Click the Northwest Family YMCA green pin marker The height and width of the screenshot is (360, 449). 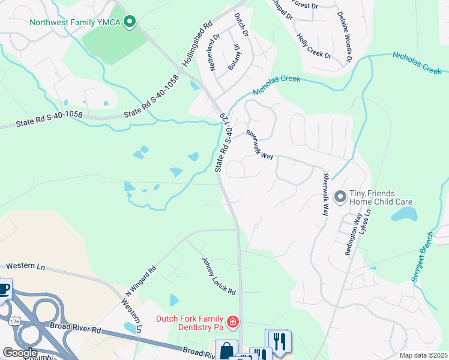pyautogui.click(x=129, y=23)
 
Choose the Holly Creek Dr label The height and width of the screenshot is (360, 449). pyautogui.click(x=313, y=46)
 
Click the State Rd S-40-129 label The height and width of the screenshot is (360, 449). pyautogui.click(x=222, y=143)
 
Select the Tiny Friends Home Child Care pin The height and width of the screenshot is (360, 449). pyautogui.click(x=340, y=197)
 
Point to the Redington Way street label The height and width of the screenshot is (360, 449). pyautogui.click(x=352, y=236)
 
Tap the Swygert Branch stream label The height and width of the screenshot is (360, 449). pyautogui.click(x=422, y=256)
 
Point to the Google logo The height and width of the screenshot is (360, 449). pyautogui.click(x=20, y=352)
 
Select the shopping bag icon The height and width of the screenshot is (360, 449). pyautogui.click(x=227, y=350)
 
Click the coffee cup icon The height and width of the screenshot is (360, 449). pyautogui.click(x=4, y=289)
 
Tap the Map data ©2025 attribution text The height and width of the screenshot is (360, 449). pyautogui.click(x=423, y=355)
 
